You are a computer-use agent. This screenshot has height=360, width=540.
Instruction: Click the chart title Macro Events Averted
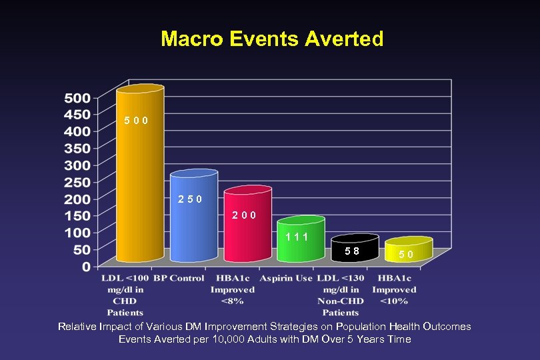[x=272, y=39]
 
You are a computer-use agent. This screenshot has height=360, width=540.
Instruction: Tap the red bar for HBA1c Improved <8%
[x=247, y=230]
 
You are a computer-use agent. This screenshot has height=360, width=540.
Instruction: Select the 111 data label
[x=297, y=237]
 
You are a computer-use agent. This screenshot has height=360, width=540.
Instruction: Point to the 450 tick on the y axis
[x=77, y=114]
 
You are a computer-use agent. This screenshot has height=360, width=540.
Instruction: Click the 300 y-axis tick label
[x=77, y=165]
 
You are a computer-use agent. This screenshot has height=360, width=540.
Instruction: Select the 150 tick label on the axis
[x=77, y=215]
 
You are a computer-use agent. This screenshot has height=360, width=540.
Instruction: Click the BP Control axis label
[x=179, y=278]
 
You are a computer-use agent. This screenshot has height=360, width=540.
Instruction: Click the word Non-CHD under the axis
[x=340, y=301]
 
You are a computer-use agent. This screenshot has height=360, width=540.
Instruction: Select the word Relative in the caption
[x=77, y=327]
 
